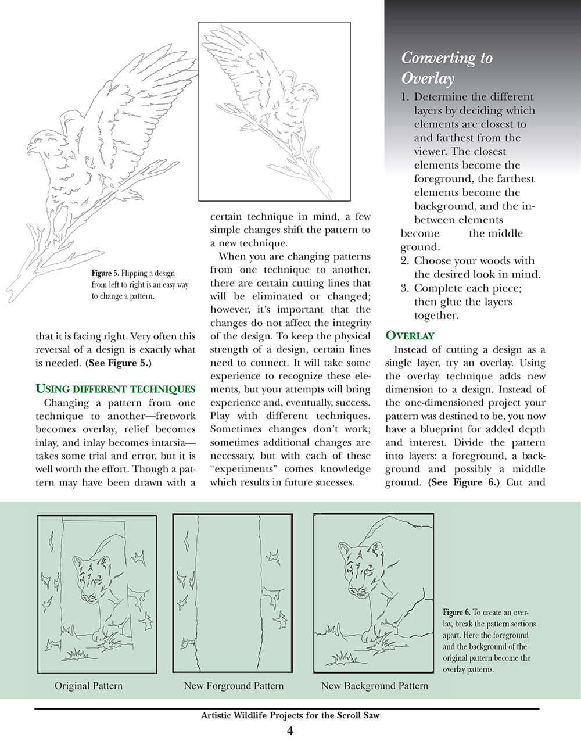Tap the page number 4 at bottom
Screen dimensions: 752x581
click(x=290, y=731)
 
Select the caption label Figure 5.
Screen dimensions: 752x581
click(x=105, y=273)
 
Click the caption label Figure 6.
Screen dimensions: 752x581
click(x=456, y=613)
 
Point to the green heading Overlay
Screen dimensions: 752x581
click(x=410, y=336)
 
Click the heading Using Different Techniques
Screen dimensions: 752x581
click(x=115, y=389)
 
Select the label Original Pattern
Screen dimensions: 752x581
click(x=88, y=686)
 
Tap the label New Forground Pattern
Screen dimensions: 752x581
click(x=234, y=686)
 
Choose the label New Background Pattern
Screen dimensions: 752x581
click(x=374, y=686)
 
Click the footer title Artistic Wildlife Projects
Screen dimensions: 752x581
click(x=289, y=715)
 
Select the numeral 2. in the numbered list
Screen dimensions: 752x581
click(x=406, y=261)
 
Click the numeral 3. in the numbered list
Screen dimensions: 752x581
click(x=406, y=288)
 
